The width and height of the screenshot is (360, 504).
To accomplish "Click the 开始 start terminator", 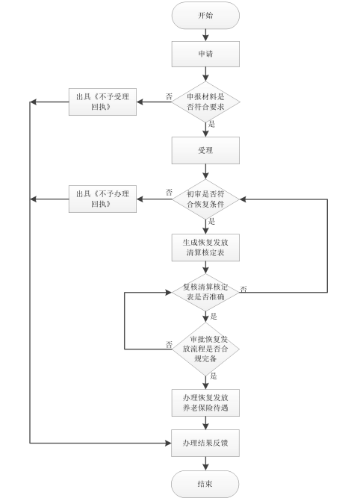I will click(205, 15).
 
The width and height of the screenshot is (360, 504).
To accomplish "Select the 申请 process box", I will click(205, 54).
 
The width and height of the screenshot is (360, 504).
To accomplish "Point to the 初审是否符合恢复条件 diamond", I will click(205, 198).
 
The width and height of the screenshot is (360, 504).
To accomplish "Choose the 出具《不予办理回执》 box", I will click(103, 198).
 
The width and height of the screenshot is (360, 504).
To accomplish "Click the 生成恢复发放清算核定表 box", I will click(205, 248).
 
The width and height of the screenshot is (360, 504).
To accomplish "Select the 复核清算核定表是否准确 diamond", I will click(205, 292).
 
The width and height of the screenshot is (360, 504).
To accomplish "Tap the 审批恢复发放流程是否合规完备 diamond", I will click(205, 348).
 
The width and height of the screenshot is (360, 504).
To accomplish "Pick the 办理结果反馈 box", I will click(205, 444).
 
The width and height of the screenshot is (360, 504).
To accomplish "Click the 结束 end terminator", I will click(205, 484).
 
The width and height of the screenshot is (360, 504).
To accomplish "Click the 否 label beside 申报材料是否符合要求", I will click(169, 96).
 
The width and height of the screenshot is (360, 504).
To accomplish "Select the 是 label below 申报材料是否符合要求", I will click(212, 124).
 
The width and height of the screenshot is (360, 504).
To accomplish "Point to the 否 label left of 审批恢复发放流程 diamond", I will click(169, 343).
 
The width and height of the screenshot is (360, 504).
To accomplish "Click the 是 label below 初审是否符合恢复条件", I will click(212, 222).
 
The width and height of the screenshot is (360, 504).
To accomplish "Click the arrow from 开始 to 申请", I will click(205, 34).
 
